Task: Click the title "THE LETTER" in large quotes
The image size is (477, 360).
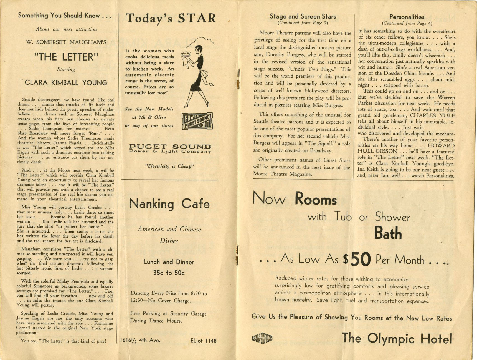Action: point(66,57)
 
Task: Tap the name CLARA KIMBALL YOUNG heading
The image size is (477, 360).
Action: point(66,83)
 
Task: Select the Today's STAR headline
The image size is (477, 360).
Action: point(171,18)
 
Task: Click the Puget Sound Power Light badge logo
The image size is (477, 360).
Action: point(197,121)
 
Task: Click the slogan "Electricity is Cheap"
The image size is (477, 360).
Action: point(169,166)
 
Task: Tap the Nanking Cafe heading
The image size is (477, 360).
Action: point(169,204)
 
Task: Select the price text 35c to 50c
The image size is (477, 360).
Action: point(169,273)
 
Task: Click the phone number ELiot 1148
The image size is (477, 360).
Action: point(203,341)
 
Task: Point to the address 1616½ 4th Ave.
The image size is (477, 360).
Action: point(140,340)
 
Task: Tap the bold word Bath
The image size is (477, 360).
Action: point(388,233)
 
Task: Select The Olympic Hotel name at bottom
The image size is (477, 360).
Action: point(397,339)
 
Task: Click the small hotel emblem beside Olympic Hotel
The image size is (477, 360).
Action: point(262,338)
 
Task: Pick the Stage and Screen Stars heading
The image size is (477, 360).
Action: point(303,17)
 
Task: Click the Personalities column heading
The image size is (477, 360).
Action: point(407,17)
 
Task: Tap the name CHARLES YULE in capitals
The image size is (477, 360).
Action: point(432,115)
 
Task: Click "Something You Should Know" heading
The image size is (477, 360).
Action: point(65,16)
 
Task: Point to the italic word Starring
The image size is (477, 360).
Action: point(66,69)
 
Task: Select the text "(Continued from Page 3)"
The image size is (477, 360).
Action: point(303,23)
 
